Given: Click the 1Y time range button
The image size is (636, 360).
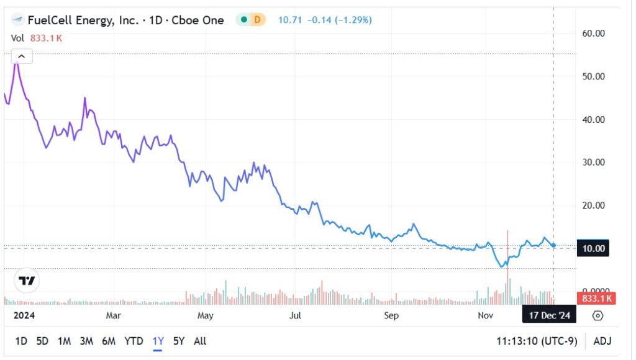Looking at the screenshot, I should click(158, 341).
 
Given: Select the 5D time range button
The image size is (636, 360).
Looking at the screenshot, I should click(42, 341).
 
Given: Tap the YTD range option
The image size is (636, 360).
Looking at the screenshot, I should click(134, 341).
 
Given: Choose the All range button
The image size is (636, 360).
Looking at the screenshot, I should click(200, 341).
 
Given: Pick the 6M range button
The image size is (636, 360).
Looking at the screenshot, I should click(109, 341).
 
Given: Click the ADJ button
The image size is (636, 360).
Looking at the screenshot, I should click(602, 341).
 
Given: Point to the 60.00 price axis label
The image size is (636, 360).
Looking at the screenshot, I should click(593, 33).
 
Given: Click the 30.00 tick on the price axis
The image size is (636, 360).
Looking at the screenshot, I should click(593, 162).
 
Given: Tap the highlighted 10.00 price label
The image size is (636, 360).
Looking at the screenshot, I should click(593, 248).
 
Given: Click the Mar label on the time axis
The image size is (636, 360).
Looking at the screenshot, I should click(113, 315).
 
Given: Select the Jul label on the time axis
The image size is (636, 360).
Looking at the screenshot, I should click(296, 315).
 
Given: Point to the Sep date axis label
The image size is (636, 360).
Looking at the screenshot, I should click(391, 315).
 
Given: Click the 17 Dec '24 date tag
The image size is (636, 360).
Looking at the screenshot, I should click(549, 315).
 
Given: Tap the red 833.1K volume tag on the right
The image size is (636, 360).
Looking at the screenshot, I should click(596, 299).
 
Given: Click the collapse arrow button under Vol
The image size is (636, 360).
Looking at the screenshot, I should click(21, 57).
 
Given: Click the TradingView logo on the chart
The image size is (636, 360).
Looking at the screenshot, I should click(27, 281).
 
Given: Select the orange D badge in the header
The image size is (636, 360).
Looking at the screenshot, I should click(257, 20).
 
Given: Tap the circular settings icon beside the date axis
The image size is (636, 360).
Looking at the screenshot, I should click(597, 315).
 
